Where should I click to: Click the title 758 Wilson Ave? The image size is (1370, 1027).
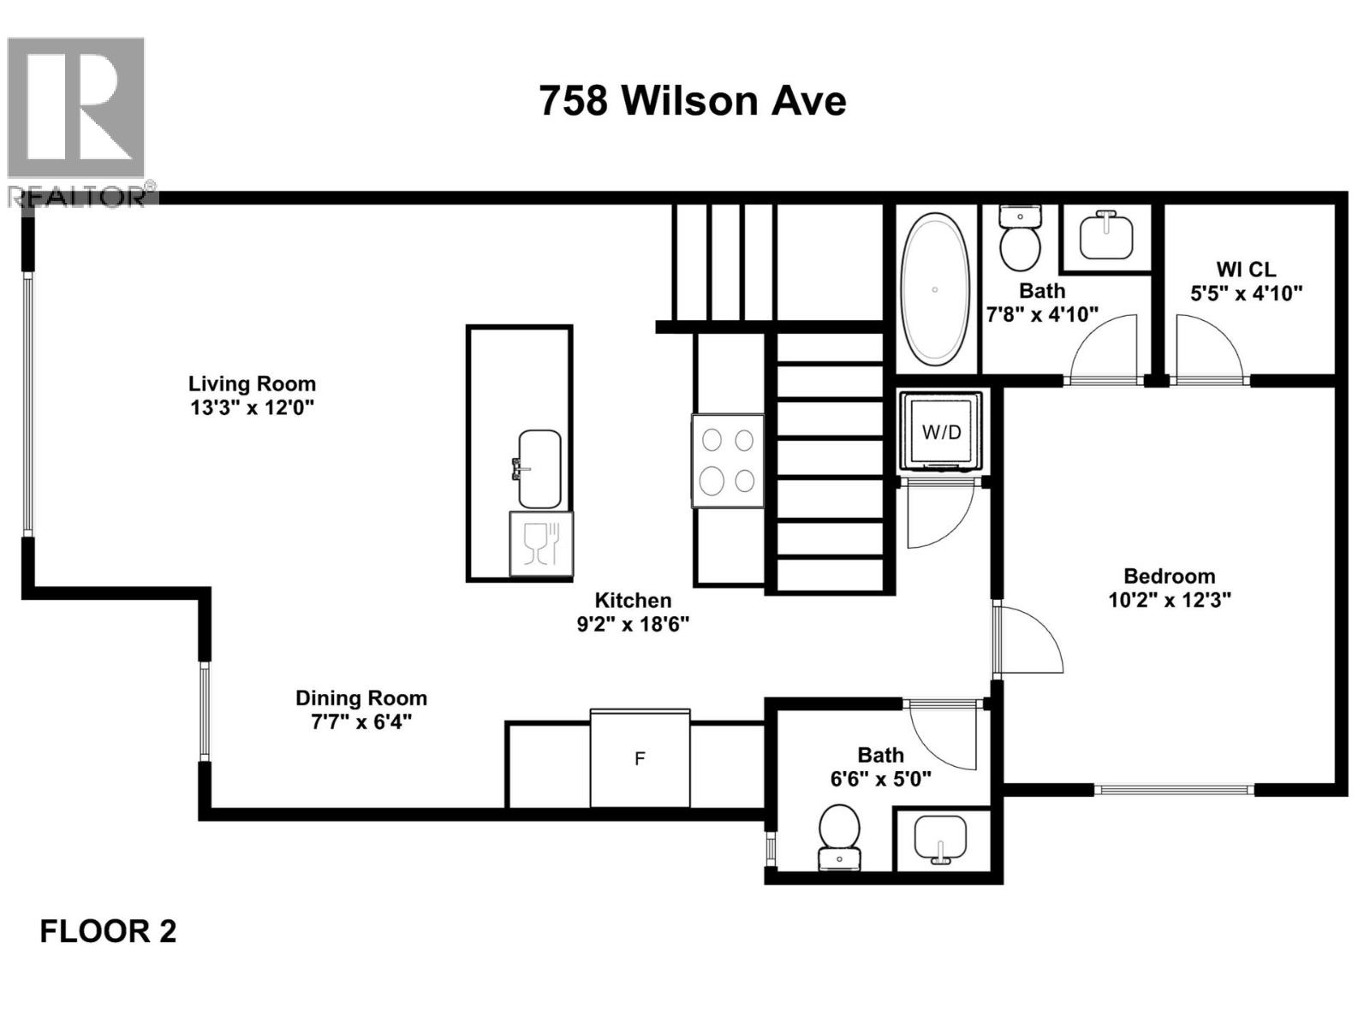[x=692, y=101]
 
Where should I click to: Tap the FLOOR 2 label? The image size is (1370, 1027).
[x=108, y=931]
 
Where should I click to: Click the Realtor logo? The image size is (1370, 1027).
[x=77, y=120]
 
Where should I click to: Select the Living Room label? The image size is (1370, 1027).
[x=252, y=383]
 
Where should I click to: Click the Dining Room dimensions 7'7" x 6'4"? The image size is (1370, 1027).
[x=360, y=721]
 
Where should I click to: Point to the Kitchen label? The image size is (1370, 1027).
[x=633, y=600]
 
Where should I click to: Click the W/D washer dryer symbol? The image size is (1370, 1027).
[x=941, y=431]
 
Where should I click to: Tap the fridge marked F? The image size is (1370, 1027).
[x=640, y=758]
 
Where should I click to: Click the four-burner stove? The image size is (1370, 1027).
[x=728, y=460]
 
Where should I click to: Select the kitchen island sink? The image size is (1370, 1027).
[x=539, y=468]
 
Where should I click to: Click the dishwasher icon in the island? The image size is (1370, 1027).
[x=540, y=543]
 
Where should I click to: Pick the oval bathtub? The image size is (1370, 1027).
[x=934, y=288]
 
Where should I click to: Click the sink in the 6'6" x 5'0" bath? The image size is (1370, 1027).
[x=940, y=839]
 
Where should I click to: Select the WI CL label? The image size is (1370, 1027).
[x=1246, y=269]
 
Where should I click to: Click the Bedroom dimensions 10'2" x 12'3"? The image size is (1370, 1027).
[x=1169, y=600]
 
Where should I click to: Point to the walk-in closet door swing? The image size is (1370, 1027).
[x=1206, y=349]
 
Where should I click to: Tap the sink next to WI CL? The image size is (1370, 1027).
[x=1106, y=234]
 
